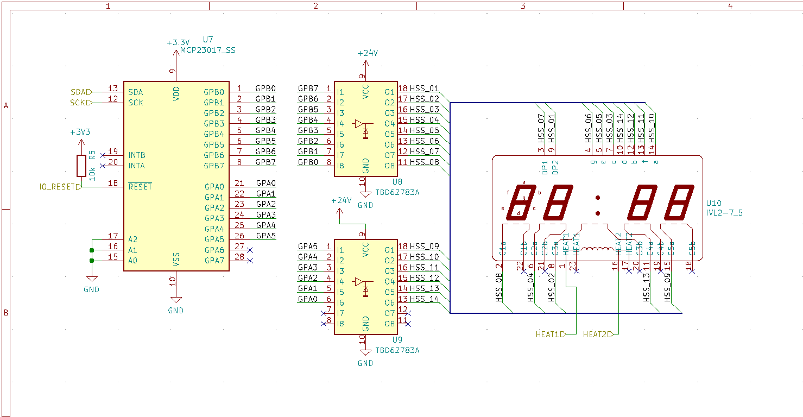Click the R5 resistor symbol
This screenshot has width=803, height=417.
[x=81, y=165]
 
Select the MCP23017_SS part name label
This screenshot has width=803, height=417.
[x=208, y=50]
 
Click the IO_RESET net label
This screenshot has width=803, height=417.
[x=60, y=187]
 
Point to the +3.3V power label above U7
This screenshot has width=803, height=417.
[x=178, y=42]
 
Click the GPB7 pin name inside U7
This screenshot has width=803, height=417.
[x=213, y=166]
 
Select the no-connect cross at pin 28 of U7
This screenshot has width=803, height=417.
[x=250, y=260]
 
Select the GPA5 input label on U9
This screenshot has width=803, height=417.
[x=308, y=247]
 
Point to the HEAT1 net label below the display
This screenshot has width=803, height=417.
[x=550, y=334]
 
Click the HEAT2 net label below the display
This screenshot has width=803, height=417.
[x=597, y=334]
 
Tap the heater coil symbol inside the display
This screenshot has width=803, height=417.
[x=597, y=250]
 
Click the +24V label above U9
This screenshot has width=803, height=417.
[x=341, y=200]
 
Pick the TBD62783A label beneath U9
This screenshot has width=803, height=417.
[x=397, y=350]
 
